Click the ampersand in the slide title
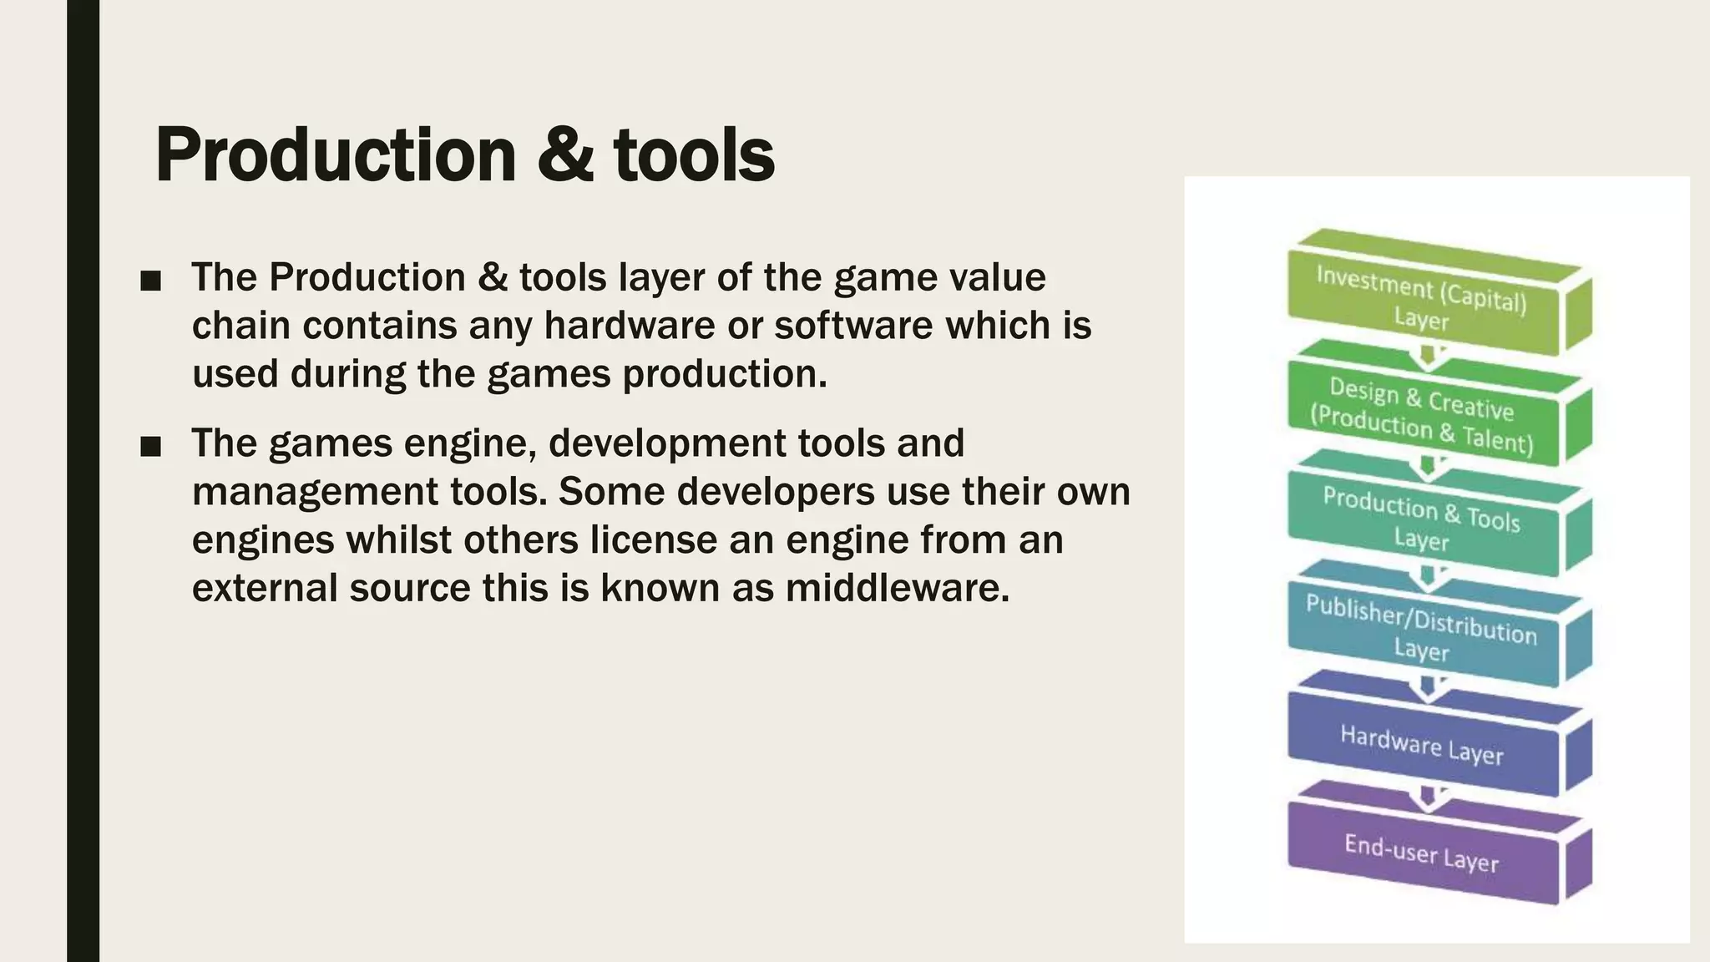coord(564,155)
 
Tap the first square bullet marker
coord(151,281)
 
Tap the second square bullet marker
coord(151,448)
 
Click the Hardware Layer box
coord(1421,744)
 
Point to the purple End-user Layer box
coord(1421,853)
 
